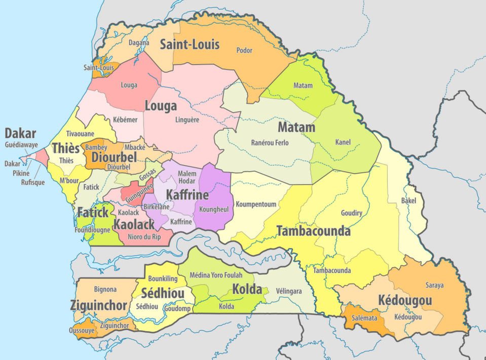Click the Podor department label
tap(244, 50)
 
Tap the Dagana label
tap(139, 43)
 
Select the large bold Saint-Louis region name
tap(190, 45)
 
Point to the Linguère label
tap(187, 120)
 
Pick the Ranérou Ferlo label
tap(270, 143)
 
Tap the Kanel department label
tap(343, 142)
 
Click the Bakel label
tap(408, 201)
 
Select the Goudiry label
tap(352, 213)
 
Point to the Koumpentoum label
tap(256, 205)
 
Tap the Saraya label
tap(434, 285)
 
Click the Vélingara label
tap(289, 292)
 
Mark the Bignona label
tap(105, 289)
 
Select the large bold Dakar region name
tap(20, 134)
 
